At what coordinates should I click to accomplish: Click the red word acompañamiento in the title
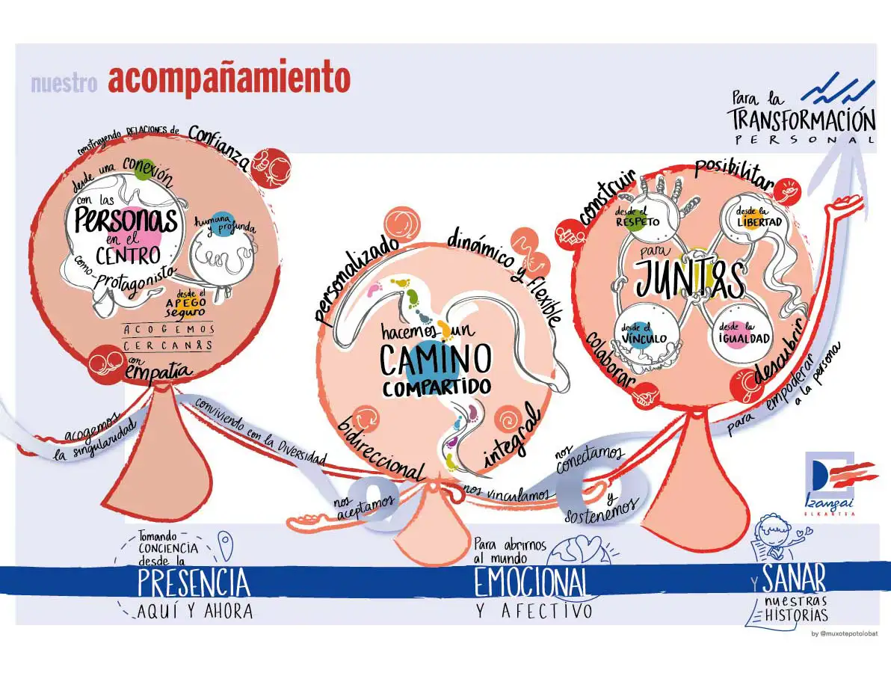(229, 79)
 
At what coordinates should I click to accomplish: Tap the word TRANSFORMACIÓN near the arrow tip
(801, 120)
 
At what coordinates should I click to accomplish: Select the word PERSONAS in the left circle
(126, 220)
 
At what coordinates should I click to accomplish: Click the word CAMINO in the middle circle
(435, 359)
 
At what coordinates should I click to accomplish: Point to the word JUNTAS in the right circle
(690, 280)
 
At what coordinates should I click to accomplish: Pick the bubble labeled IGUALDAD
(743, 332)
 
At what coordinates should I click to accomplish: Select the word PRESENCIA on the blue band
(194, 583)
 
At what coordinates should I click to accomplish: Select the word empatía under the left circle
(159, 370)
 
